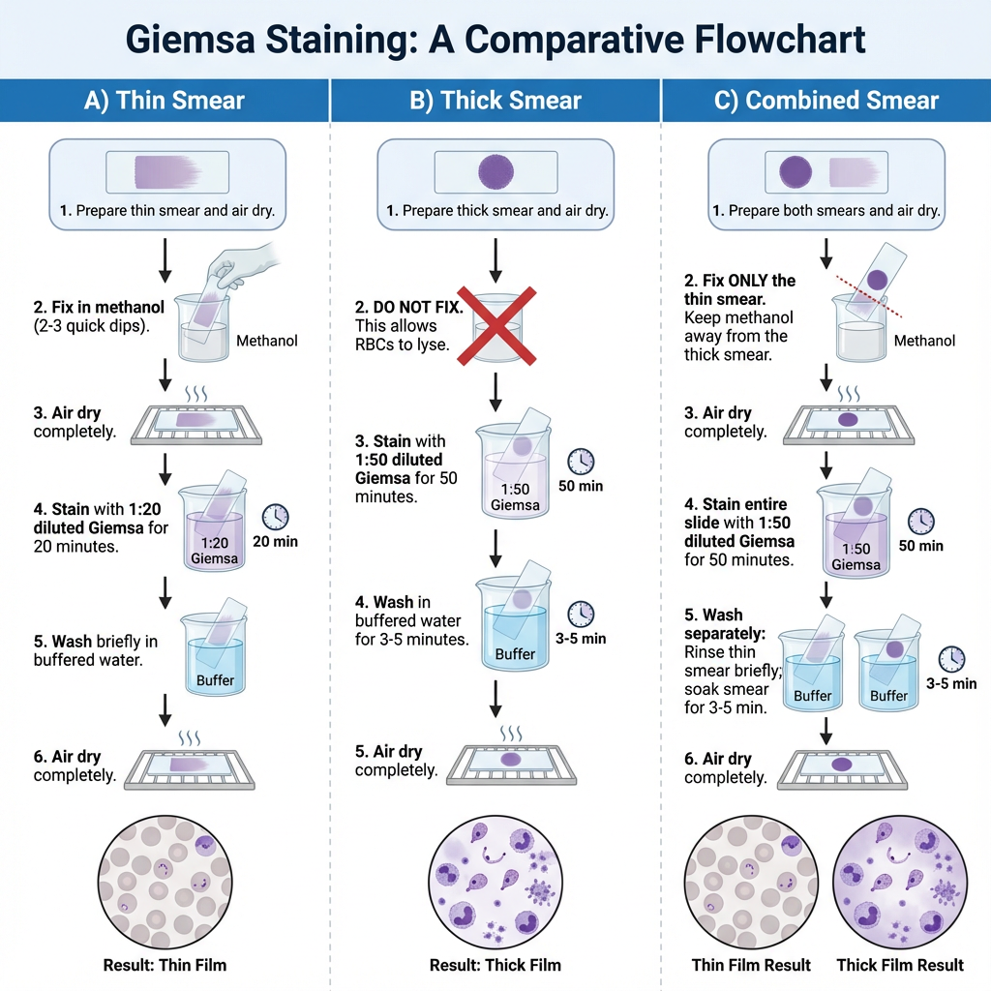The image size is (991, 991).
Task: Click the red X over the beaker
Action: [495, 326]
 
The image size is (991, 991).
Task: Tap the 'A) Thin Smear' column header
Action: [165, 101]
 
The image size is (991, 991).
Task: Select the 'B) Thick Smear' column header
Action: [495, 101]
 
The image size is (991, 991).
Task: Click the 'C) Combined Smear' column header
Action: [826, 101]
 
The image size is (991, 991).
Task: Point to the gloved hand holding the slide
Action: [247, 256]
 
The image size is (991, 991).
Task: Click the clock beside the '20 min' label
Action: [276, 517]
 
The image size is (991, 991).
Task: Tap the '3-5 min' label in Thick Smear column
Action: [580, 639]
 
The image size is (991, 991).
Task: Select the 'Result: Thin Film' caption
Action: [165, 964]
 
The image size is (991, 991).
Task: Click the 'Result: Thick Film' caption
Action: [495, 964]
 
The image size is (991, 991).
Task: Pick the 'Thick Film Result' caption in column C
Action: [900, 964]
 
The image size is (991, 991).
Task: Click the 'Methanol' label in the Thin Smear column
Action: [267, 341]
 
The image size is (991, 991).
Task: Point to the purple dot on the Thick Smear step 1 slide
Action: [495, 171]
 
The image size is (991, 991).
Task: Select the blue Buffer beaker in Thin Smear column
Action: [215, 658]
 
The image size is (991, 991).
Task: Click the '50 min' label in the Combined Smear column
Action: [920, 546]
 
